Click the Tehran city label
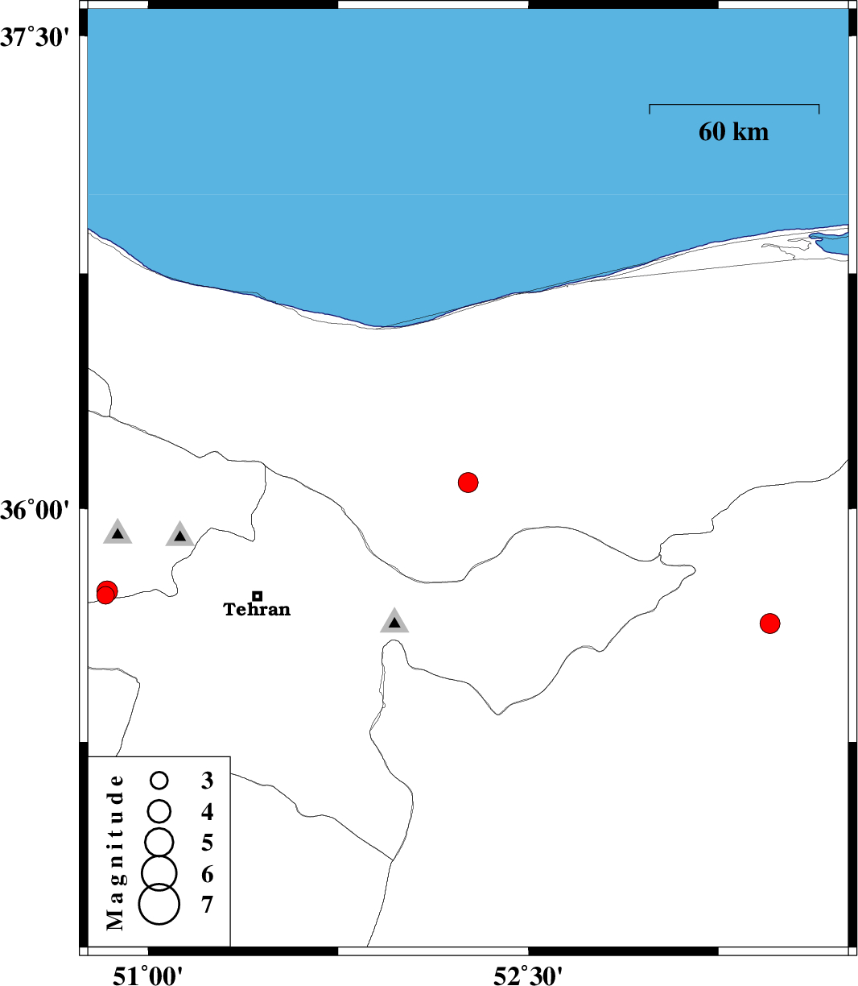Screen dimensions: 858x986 (257, 609)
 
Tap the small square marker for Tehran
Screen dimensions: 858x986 (257, 596)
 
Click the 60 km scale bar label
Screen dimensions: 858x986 (733, 131)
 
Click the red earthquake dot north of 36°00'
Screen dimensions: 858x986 (468, 483)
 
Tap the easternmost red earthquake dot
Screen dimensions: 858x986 (770, 623)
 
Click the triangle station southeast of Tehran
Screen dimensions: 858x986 (394, 622)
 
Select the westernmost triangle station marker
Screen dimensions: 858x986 (118, 533)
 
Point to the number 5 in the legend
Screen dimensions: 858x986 (207, 843)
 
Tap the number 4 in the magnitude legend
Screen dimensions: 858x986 (207, 811)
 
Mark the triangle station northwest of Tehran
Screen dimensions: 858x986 (179, 535)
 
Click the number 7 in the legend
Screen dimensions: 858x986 (207, 905)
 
